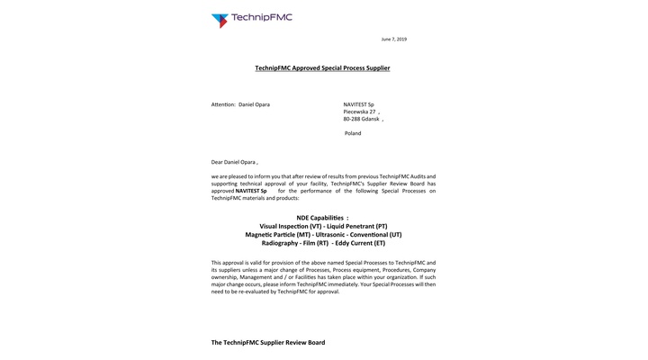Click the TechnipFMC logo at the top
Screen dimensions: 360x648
point(251,19)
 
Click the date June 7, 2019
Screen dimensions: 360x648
point(394,40)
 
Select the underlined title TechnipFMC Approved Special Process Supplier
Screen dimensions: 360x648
point(322,68)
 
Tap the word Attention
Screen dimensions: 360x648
point(223,104)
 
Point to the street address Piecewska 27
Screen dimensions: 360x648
point(360,112)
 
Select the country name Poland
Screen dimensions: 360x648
point(353,133)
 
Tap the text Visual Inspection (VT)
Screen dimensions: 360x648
point(290,226)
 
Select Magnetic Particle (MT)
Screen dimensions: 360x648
point(278,234)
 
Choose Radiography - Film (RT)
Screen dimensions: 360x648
point(294,243)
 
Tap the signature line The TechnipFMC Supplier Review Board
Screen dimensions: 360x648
point(268,343)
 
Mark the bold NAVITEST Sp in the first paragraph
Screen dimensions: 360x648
point(251,191)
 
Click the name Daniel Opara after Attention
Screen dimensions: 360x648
point(254,104)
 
